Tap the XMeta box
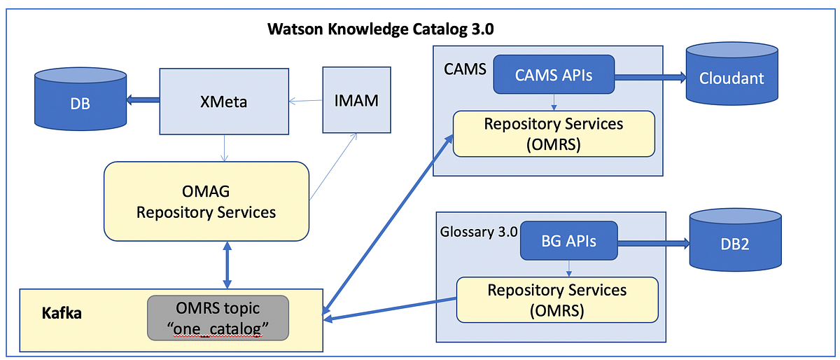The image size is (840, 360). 223,102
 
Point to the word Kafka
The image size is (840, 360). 62,312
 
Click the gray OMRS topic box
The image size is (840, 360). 217,317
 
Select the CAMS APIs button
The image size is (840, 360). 554,74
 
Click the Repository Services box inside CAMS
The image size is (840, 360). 554,133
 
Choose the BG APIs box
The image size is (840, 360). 568,241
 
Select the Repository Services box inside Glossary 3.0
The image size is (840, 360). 557,298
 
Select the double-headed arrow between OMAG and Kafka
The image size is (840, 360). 227,264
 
